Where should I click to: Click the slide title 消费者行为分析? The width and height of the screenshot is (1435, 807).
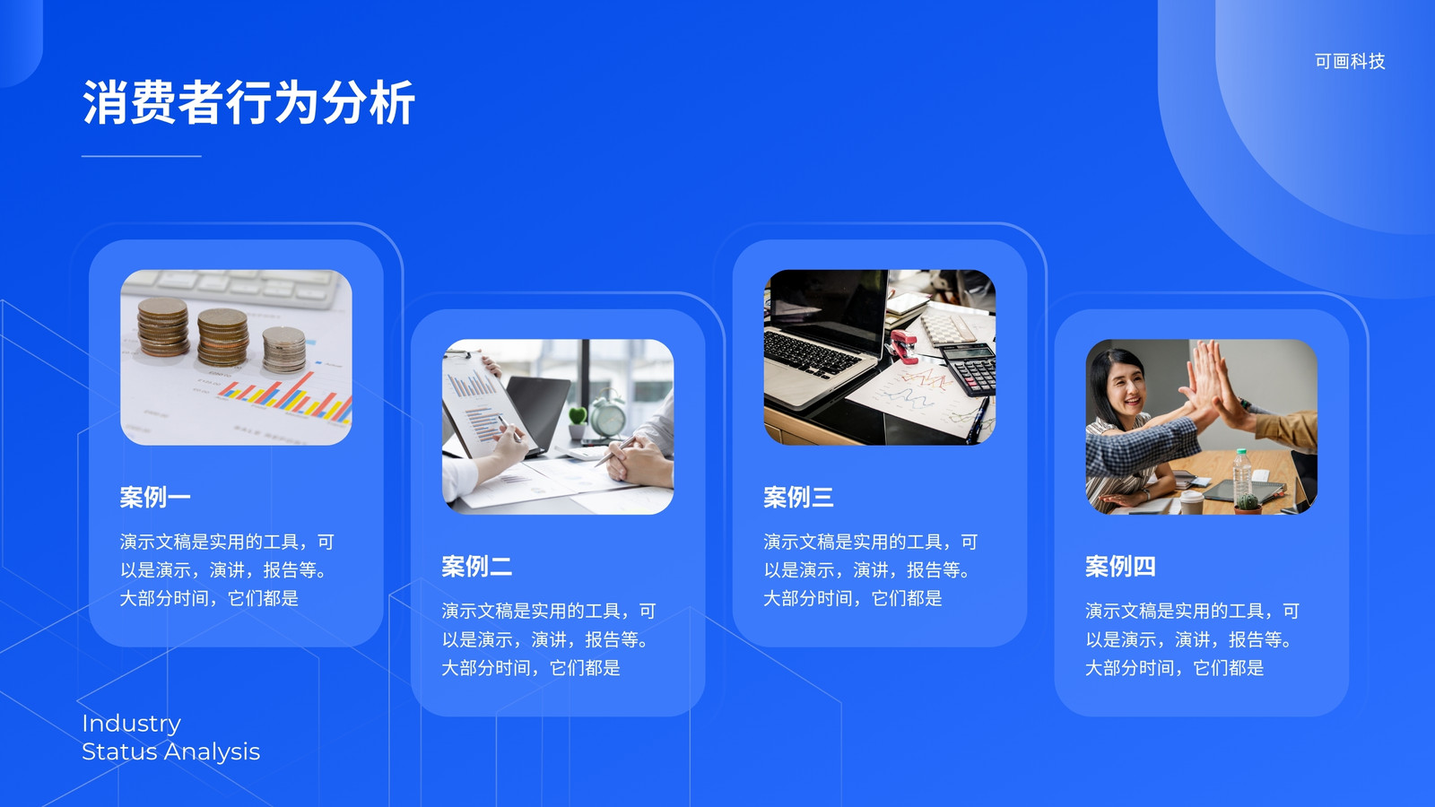coord(248,102)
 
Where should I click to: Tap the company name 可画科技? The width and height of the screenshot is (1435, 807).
coord(1350,62)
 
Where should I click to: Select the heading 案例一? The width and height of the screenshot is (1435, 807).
coord(155,497)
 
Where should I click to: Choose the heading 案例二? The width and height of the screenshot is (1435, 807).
coord(476,566)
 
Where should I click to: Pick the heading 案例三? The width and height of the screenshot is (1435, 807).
coord(798,497)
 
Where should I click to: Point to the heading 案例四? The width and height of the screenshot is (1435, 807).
coord(1120,566)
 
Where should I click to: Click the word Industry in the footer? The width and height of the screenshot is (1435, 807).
coord(131,724)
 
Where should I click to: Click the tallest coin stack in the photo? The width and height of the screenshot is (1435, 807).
coord(163,326)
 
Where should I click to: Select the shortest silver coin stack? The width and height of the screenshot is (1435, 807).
coord(283,350)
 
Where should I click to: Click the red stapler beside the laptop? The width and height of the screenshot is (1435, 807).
coord(903,346)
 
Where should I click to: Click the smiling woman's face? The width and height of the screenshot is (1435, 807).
coord(1126,388)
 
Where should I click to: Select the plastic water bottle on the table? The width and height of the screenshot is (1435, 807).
coord(1241,474)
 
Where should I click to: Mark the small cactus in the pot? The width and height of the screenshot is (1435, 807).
coord(1248,501)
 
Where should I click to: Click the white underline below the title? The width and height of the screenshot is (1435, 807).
coord(142,156)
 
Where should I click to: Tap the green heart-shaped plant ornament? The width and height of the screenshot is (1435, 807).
coord(578,417)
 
